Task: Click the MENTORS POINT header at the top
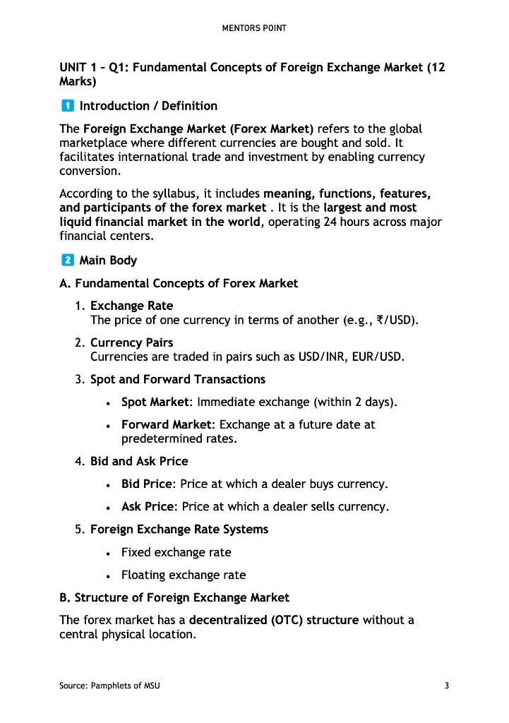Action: pyautogui.click(x=254, y=29)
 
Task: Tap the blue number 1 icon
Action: pyautogui.click(x=66, y=106)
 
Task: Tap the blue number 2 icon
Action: pyautogui.click(x=66, y=260)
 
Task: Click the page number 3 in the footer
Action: pyautogui.click(x=447, y=686)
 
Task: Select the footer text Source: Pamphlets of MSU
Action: pyautogui.click(x=109, y=686)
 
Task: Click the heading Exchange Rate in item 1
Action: pyautogui.click(x=131, y=306)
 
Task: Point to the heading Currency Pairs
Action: pyautogui.click(x=131, y=343)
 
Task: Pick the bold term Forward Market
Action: pyautogui.click(x=167, y=425)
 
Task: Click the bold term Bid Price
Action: pyautogui.click(x=148, y=484)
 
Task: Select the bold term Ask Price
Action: pyautogui.click(x=148, y=507)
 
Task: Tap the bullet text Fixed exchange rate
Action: pyautogui.click(x=176, y=552)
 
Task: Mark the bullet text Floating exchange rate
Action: pyautogui.click(x=183, y=575)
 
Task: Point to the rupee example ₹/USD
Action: pyautogui.click(x=393, y=320)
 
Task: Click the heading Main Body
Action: pyautogui.click(x=108, y=261)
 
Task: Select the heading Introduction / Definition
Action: pyautogui.click(x=148, y=106)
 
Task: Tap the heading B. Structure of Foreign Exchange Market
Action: pyautogui.click(x=174, y=597)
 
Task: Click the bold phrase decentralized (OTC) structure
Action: pyautogui.click(x=274, y=620)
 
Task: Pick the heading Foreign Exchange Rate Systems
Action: pyautogui.click(x=179, y=530)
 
